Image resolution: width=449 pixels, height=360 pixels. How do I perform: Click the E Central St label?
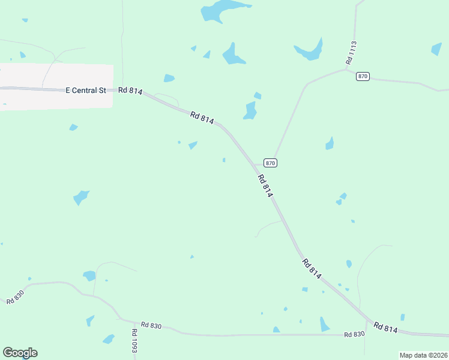tap(85, 90)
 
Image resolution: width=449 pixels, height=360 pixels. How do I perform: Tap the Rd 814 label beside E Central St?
tap(130, 91)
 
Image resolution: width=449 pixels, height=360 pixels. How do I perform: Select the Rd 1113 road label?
tap(352, 53)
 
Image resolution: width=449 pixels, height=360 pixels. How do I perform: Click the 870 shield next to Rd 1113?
tap(362, 76)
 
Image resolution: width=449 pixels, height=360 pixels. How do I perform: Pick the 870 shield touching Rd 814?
tap(270, 163)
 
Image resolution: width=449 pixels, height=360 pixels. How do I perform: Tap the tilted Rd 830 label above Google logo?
tap(15, 296)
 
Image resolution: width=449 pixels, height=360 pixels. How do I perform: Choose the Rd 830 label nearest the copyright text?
tap(355, 334)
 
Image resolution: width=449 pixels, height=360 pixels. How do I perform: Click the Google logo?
tap(20, 353)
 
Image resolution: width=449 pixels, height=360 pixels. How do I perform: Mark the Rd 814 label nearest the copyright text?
tap(385, 328)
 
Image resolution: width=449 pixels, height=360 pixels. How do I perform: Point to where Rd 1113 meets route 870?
tap(346, 69)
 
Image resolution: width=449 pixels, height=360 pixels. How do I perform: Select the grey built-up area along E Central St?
tap(56, 86)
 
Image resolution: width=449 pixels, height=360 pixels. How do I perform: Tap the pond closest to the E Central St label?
tap(73, 127)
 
